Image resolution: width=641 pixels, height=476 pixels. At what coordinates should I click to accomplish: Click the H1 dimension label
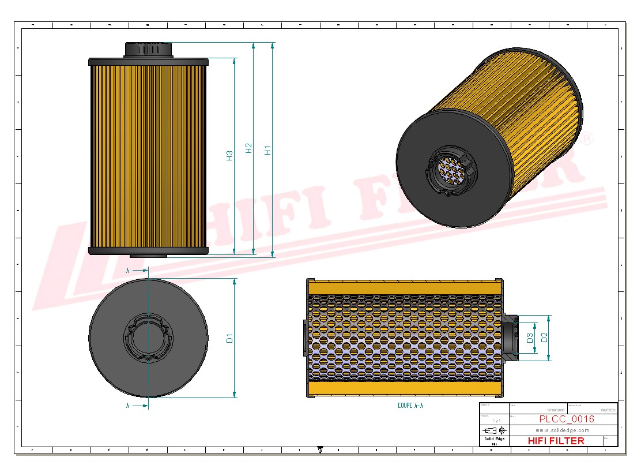[x=268, y=149]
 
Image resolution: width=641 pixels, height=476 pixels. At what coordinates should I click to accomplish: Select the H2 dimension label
[x=249, y=148]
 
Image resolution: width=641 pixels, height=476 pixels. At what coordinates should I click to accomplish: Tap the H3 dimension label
[x=230, y=155]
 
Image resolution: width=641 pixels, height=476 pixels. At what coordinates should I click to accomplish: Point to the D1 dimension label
[x=230, y=338]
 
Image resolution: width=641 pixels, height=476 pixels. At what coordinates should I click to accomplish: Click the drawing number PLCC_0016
[x=566, y=419]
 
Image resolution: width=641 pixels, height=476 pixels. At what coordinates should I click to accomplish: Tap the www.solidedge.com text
[x=562, y=430]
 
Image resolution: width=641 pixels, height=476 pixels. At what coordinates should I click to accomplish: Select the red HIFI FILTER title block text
[x=556, y=441]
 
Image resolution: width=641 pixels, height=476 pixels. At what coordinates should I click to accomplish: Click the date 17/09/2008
[x=557, y=410]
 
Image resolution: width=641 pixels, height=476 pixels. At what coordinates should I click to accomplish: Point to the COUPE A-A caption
[x=410, y=406]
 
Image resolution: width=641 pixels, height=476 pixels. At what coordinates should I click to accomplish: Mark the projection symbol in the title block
[x=493, y=430]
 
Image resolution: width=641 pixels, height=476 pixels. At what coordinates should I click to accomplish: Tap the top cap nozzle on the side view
[x=148, y=49]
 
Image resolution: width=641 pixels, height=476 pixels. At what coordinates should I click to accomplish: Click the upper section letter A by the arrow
[x=128, y=270]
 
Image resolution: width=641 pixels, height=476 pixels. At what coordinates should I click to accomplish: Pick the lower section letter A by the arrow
[x=128, y=406]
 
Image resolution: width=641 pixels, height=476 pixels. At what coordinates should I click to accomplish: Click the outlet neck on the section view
[x=510, y=338]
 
